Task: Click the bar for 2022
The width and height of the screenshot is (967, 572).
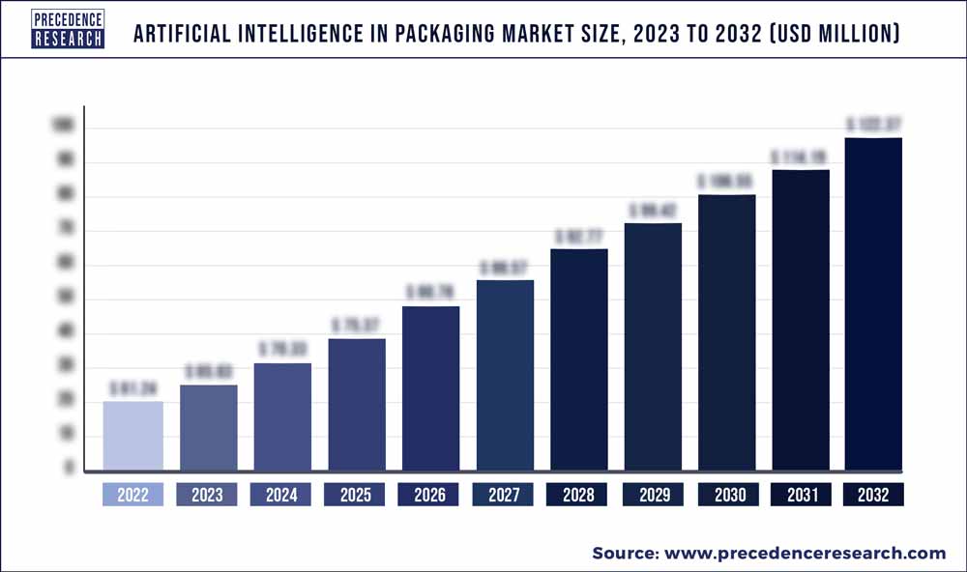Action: (x=132, y=437)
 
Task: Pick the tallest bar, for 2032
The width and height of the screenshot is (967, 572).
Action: (x=873, y=305)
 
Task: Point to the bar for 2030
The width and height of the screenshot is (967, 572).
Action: (x=725, y=333)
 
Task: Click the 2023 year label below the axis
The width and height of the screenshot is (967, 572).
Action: (x=207, y=495)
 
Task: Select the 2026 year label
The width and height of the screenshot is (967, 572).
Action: (x=429, y=495)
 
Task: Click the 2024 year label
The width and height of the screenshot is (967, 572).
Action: (x=280, y=495)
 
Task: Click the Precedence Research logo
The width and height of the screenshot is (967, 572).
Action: (x=67, y=30)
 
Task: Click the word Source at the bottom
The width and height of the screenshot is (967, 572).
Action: (x=623, y=554)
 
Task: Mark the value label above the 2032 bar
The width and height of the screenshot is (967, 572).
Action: (x=873, y=125)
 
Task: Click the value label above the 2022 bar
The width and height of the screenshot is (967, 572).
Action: (x=132, y=388)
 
